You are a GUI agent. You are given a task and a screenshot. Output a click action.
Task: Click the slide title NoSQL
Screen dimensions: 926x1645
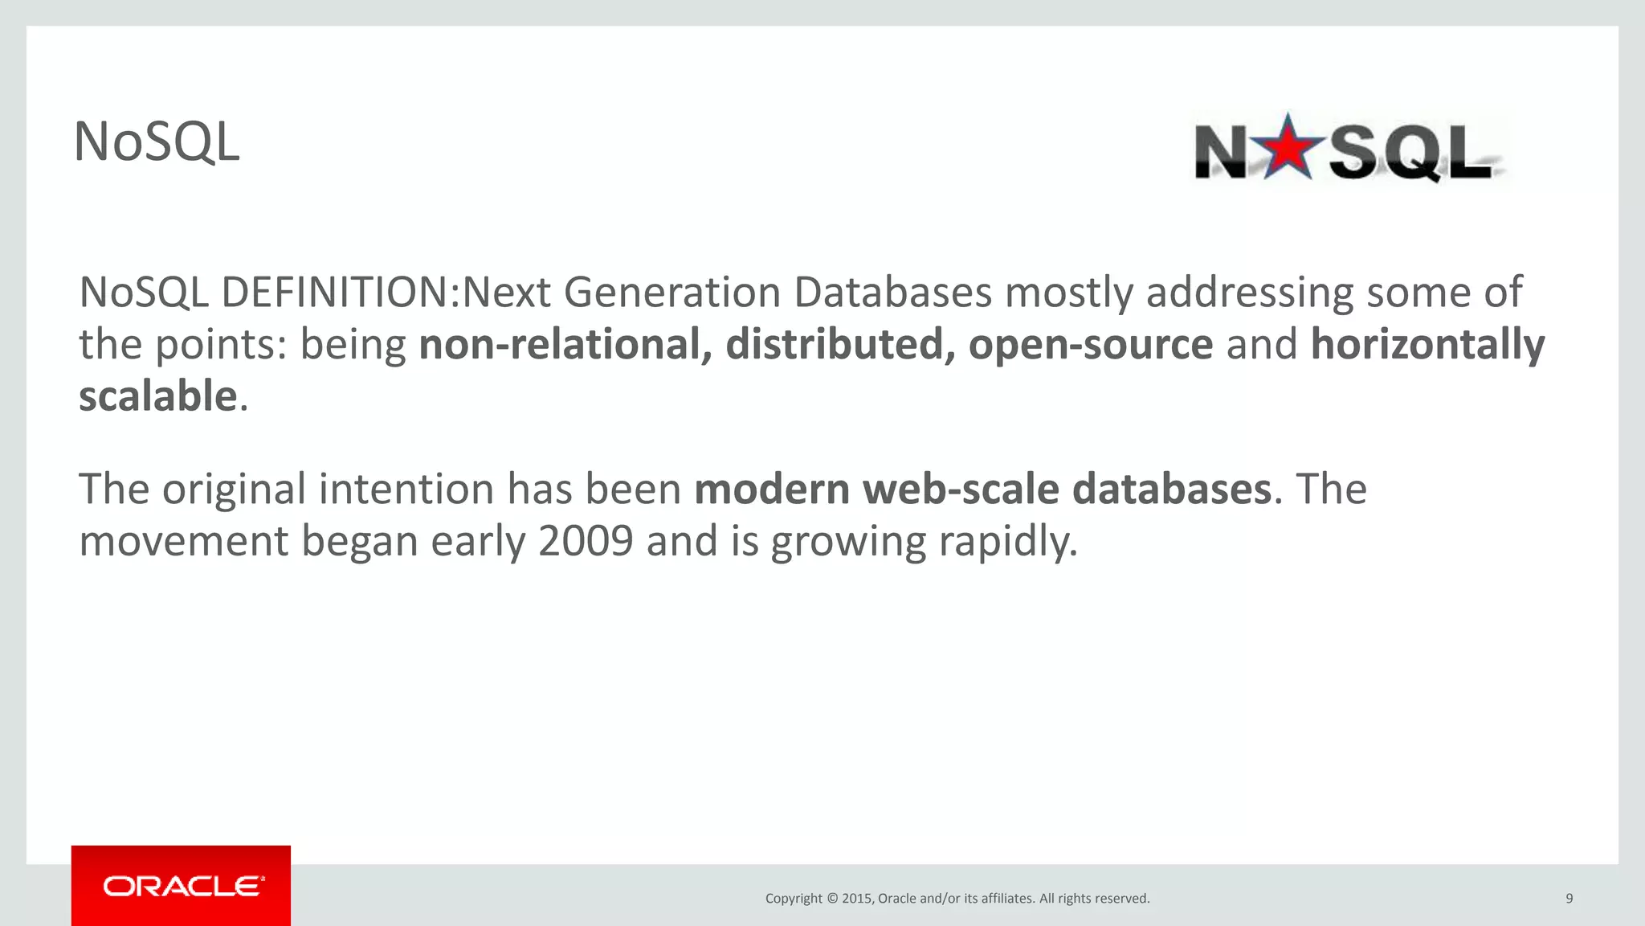point(157,142)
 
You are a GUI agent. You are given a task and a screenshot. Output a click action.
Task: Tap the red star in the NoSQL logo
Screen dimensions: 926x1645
point(1288,147)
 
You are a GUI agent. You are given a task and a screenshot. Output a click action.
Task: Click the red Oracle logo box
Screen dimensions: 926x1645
point(181,885)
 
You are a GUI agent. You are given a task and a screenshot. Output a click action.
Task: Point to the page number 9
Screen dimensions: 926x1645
point(1569,898)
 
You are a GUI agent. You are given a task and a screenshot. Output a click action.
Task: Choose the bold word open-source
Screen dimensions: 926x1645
point(1090,344)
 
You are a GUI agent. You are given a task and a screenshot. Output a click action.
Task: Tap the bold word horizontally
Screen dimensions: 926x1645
point(1427,344)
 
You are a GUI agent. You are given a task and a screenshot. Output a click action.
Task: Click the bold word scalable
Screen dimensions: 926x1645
point(158,396)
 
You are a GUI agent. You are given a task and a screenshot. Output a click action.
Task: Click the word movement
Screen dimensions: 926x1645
point(183,541)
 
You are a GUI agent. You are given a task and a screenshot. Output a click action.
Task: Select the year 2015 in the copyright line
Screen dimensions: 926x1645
point(856,898)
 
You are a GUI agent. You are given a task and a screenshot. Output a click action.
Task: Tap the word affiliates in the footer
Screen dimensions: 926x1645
point(1006,898)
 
